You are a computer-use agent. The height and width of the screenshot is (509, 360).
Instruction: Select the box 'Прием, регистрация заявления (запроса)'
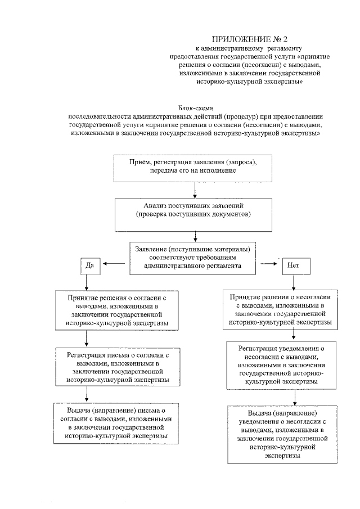click(x=194, y=166)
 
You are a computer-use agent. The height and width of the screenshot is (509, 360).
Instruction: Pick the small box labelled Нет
click(x=292, y=264)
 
